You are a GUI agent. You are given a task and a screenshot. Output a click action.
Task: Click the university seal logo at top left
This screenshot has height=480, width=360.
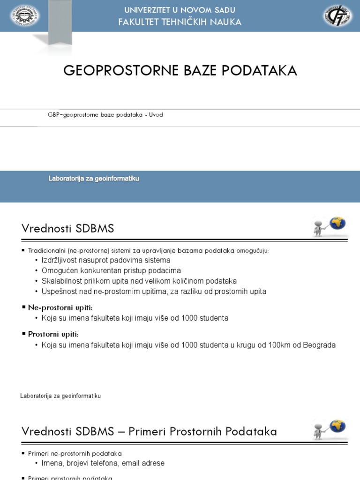pos(25,16)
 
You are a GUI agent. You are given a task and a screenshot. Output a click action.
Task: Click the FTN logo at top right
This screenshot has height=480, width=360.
pos(337,16)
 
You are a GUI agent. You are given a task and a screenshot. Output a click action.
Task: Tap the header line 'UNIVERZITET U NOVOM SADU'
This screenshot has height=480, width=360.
pos(180,10)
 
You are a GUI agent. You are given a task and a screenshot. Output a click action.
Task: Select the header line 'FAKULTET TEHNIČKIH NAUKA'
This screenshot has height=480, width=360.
pos(180,22)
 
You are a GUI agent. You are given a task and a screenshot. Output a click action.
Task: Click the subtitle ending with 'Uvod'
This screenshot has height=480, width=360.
pos(105,115)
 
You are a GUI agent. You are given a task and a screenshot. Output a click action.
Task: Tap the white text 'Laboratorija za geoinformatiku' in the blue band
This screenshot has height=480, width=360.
pos(94,179)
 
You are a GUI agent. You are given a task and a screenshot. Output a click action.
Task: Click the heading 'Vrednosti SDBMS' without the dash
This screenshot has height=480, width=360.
pos(68,229)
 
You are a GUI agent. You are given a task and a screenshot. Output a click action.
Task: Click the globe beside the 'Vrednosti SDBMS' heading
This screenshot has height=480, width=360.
pos(337,223)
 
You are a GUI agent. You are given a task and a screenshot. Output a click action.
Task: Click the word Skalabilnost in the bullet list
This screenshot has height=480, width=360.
pos(61,281)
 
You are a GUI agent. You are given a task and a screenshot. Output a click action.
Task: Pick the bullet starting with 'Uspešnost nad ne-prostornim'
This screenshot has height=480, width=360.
pos(154,292)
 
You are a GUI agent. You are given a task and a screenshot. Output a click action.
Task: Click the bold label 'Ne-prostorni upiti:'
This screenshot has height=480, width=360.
pos(60,307)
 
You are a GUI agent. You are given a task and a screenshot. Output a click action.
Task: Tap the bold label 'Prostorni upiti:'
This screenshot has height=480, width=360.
pos(53,334)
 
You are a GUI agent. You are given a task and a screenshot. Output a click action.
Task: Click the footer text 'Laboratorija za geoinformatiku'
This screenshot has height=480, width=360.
pos(60,396)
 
